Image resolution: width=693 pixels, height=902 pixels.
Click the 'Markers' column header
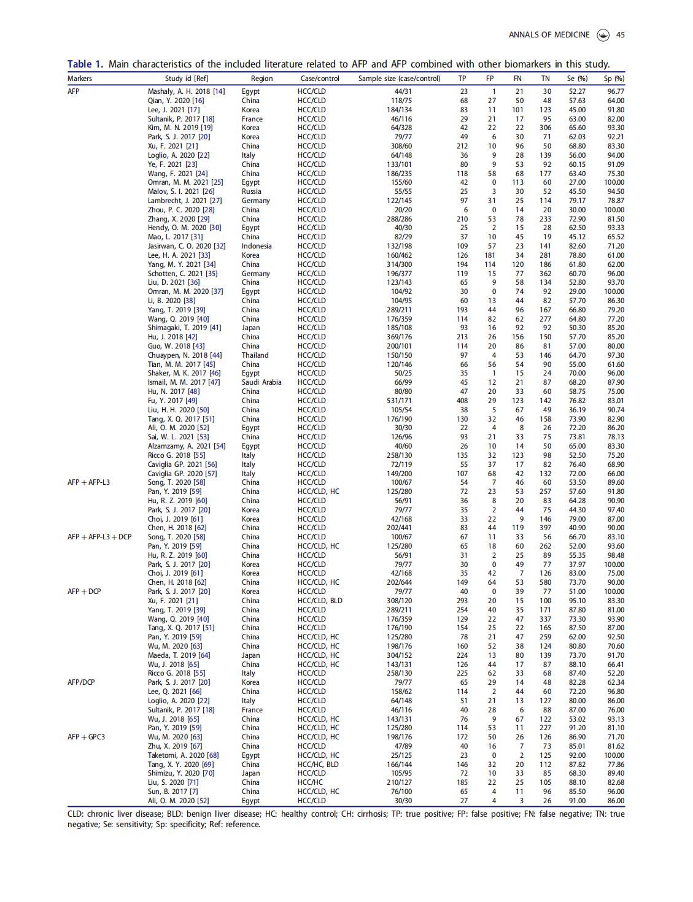click(80, 79)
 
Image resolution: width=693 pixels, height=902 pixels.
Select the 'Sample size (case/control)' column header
click(399, 79)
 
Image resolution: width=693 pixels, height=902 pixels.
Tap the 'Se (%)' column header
click(577, 79)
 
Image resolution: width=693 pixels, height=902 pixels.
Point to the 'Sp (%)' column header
click(614, 79)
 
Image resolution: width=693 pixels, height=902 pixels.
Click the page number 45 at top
click(621, 35)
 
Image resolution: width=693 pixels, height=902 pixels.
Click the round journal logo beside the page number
click(603, 35)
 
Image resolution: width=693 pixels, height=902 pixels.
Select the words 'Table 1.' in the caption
click(85, 64)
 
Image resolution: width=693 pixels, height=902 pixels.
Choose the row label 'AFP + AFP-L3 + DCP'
click(99, 537)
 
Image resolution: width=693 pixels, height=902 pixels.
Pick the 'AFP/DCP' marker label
click(81, 682)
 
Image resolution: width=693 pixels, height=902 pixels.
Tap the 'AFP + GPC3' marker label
click(87, 737)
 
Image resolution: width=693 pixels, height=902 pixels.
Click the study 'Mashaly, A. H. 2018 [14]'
click(187, 91)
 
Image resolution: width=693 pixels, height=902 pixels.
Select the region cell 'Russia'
click(252, 191)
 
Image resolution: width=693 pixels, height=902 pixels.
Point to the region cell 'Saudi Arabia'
click(261, 382)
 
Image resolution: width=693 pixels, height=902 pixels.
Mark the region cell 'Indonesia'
click(257, 246)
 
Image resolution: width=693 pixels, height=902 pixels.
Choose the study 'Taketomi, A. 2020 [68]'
click(184, 755)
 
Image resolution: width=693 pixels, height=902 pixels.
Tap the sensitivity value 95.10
click(577, 601)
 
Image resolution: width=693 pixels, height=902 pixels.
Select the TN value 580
click(544, 582)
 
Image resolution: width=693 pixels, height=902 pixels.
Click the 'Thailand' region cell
click(255, 355)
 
